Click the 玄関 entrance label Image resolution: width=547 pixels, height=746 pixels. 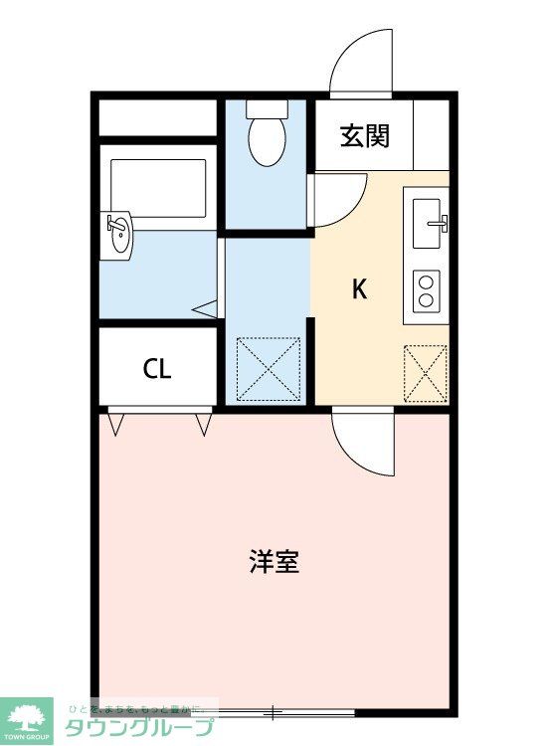(x=365, y=137)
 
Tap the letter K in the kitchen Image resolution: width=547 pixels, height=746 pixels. (x=360, y=288)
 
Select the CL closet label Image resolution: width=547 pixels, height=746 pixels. (x=157, y=369)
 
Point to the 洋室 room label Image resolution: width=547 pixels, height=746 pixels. (x=273, y=563)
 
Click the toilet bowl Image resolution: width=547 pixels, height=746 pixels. (x=266, y=139)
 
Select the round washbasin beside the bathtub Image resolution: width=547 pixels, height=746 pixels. (x=117, y=235)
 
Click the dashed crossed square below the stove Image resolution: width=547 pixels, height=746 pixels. (x=426, y=373)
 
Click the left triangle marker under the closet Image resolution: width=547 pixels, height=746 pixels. (x=116, y=425)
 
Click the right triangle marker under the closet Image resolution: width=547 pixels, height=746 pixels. (x=204, y=425)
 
